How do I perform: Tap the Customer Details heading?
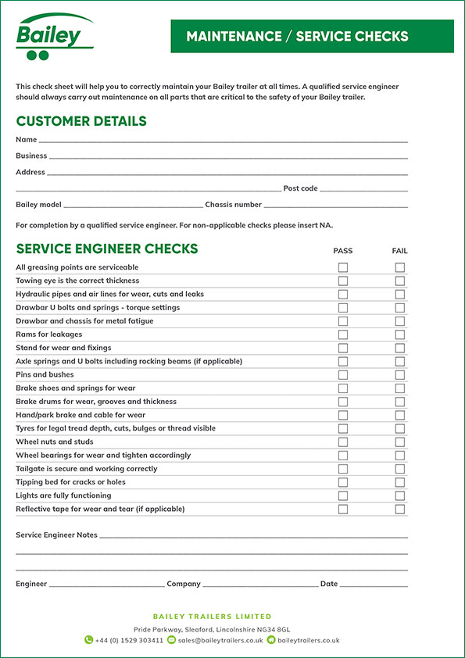tap(81, 121)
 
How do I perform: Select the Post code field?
tap(363, 188)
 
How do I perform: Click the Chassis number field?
tap(335, 205)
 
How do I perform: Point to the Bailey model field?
tap(133, 205)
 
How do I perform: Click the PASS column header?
tap(343, 251)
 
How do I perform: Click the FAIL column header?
tap(399, 251)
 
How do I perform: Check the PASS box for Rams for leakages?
tap(343, 334)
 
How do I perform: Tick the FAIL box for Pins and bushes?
tap(400, 375)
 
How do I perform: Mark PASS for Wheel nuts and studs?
tap(343, 442)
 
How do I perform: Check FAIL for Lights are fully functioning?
tap(400, 495)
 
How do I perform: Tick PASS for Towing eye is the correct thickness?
tap(343, 281)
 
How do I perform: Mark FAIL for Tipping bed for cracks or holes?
tap(400, 482)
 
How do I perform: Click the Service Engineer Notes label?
tap(56, 535)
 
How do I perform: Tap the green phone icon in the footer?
tap(89, 640)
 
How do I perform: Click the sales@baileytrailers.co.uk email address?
tap(220, 640)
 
